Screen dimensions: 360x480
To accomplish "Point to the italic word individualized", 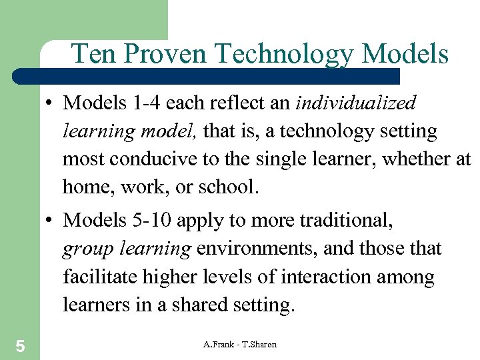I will pyautogui.click(x=355, y=103).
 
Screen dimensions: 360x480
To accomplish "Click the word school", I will pyautogui.click(x=226, y=187).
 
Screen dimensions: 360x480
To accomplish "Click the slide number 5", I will pyautogui.click(x=20, y=345).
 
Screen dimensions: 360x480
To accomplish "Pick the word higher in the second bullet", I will pyautogui.click(x=175, y=277).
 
